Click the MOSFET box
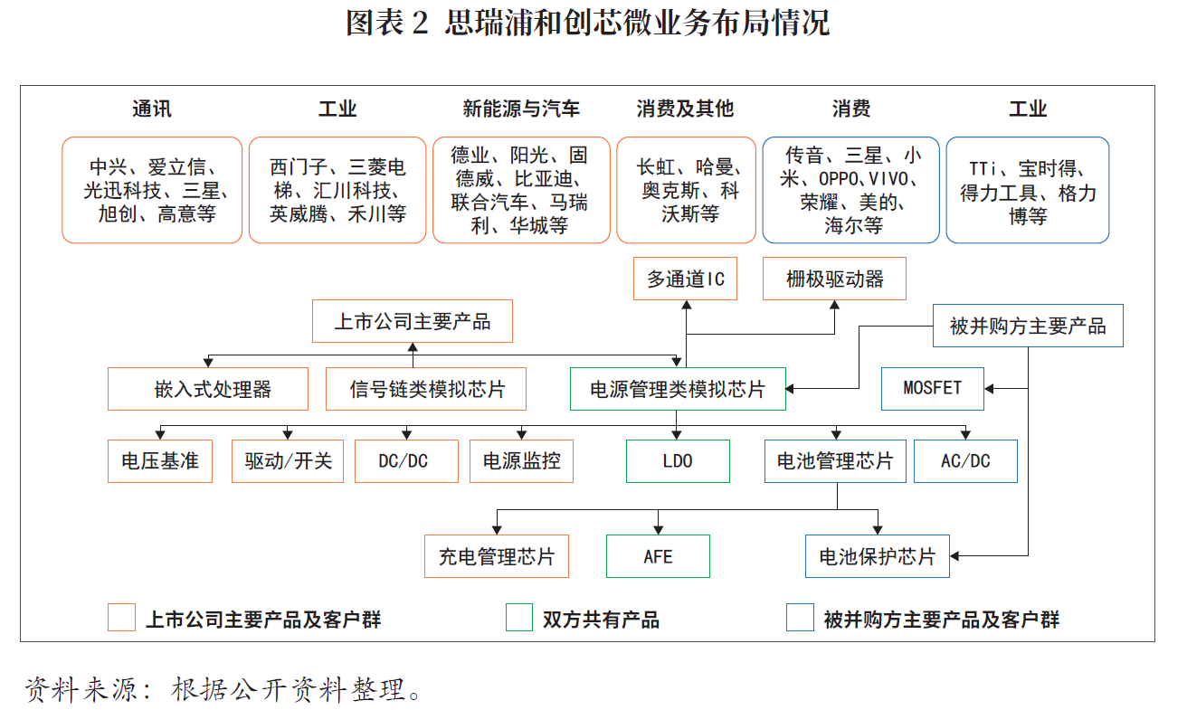(x=933, y=388)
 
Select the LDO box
(x=678, y=461)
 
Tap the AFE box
(x=658, y=556)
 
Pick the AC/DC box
(x=965, y=461)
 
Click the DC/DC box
(x=406, y=461)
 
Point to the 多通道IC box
(x=685, y=279)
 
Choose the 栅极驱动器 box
(x=834, y=279)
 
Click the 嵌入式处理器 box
(x=208, y=389)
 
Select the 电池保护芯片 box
(x=878, y=556)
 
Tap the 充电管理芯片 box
(x=497, y=556)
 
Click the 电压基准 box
(x=160, y=461)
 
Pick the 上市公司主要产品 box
(x=413, y=321)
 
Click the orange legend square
(x=121, y=617)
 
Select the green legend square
(x=519, y=617)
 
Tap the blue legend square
(x=800, y=617)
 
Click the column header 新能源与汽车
(x=521, y=109)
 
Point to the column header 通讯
(x=152, y=109)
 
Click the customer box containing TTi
(x=1028, y=190)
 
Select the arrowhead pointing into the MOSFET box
(x=989, y=388)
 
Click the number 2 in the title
(x=420, y=24)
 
